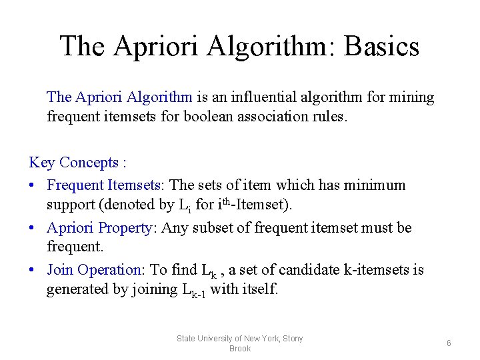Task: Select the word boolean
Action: (x=207, y=117)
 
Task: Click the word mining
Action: (x=410, y=97)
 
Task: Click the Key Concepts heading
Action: (x=78, y=162)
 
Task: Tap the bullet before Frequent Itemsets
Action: (x=33, y=185)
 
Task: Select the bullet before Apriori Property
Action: (x=33, y=228)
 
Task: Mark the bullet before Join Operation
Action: (x=33, y=271)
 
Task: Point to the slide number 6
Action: (x=449, y=343)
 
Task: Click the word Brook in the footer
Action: (x=239, y=349)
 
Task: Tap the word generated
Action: (x=74, y=289)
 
